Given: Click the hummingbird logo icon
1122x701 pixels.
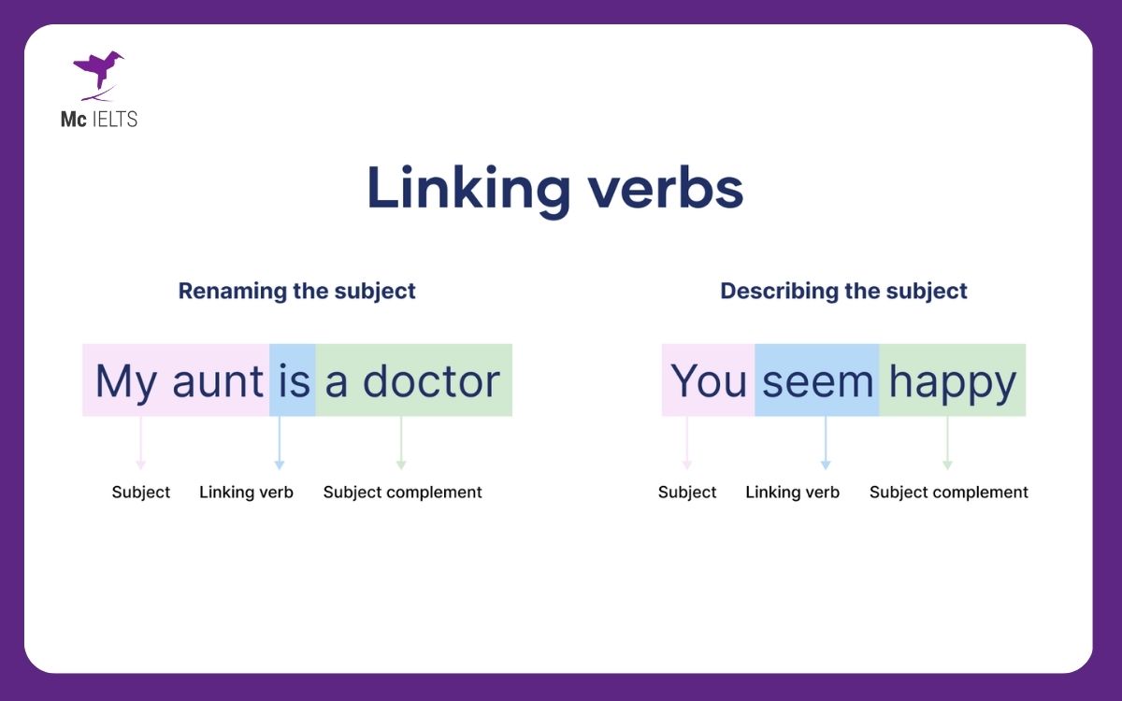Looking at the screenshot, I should tap(97, 74).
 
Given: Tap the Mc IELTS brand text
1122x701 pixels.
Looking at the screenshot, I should tap(99, 120).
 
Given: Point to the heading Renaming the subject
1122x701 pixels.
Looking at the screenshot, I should tap(297, 291).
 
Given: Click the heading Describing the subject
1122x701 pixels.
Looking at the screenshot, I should tap(843, 291).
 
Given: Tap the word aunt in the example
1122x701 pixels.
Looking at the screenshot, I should tap(218, 381).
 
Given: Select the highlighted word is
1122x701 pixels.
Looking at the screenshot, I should tap(294, 381).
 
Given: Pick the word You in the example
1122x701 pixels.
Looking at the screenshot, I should tap(709, 381).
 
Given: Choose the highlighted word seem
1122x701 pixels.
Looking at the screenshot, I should tap(817, 381).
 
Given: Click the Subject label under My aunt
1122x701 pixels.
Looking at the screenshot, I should tap(141, 493).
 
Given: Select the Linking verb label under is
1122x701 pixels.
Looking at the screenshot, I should tap(246, 493).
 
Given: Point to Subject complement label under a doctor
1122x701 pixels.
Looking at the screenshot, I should tap(403, 493).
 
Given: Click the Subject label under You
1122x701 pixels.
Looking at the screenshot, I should tap(687, 493).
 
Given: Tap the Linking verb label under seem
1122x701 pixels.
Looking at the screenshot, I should tap(792, 493).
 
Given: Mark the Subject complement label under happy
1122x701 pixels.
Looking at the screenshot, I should tap(949, 493).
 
